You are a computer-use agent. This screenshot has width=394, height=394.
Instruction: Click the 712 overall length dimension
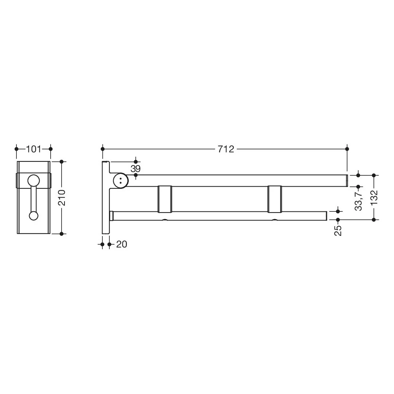(226, 149)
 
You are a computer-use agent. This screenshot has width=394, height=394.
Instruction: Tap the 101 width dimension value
(34, 149)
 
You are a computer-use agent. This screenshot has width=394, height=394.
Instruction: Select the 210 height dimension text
(62, 198)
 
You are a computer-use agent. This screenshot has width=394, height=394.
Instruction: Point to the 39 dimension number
(136, 169)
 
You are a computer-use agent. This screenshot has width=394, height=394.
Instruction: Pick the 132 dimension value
(374, 198)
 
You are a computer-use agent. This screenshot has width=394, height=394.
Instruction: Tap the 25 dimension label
(338, 230)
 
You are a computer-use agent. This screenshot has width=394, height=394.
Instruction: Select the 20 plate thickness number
(122, 244)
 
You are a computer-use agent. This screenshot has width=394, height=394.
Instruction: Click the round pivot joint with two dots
(121, 181)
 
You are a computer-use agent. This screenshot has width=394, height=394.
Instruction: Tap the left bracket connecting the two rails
(165, 199)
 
